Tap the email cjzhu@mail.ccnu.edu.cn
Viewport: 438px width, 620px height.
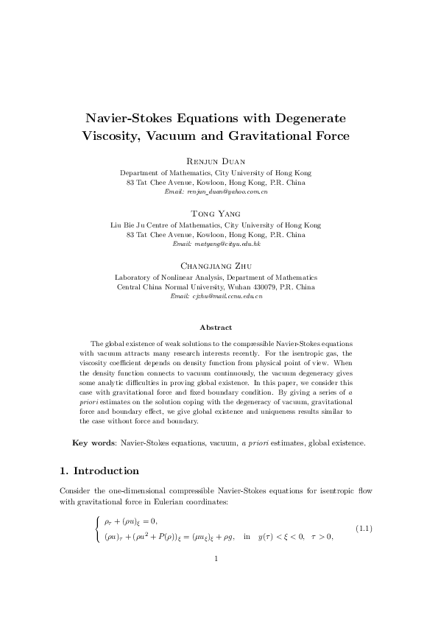click(227, 296)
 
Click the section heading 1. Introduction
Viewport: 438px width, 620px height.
click(98, 471)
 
